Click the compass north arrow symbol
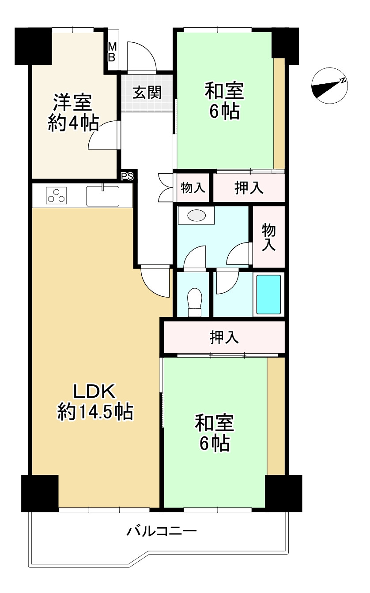329,86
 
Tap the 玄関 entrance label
147,93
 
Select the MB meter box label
112,52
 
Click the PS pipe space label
127,176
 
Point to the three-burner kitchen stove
56,195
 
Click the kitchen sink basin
102,196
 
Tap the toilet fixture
195,302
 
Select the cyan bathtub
268,295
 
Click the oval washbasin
196,215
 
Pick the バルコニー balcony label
162,531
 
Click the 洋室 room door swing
103,135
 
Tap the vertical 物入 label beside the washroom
269,237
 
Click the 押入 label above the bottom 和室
224,337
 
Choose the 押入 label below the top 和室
249,188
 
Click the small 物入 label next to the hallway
193,187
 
